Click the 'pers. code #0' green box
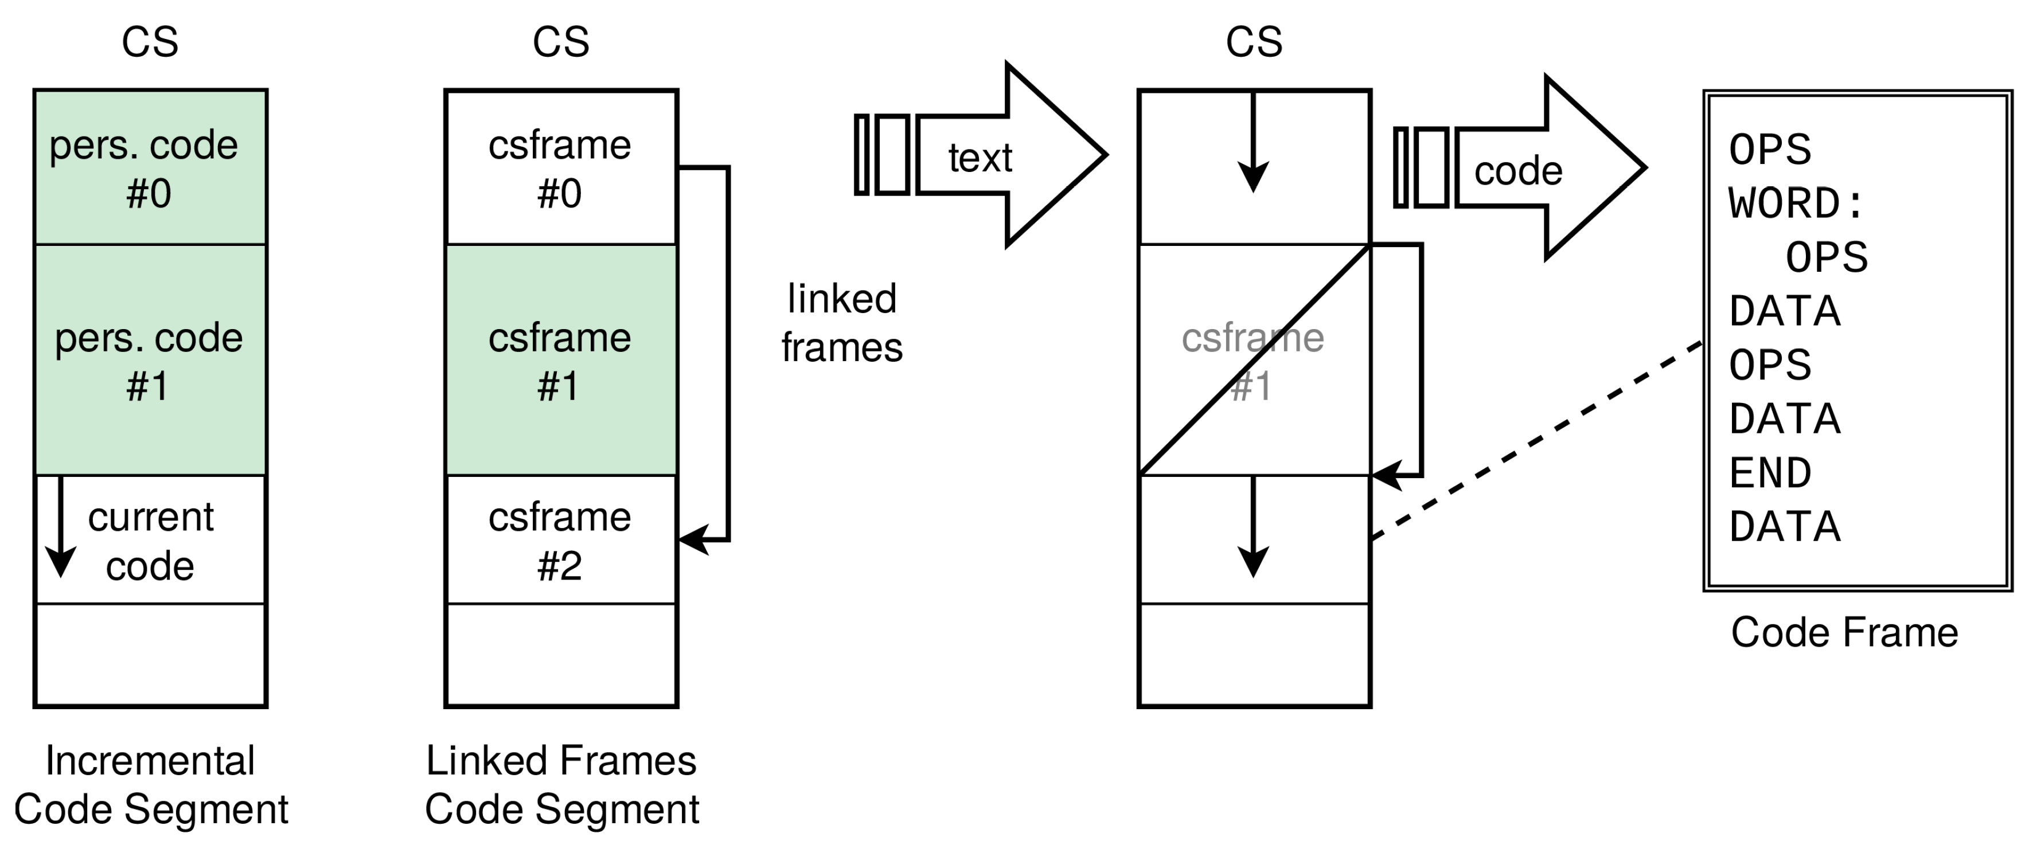tap(150, 168)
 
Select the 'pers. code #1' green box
tap(150, 361)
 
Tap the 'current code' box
tap(150, 541)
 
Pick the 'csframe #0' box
tap(560, 168)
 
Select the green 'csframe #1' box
tap(560, 361)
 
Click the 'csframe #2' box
tap(560, 541)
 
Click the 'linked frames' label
tap(842, 323)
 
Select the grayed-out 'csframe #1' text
tap(1252, 361)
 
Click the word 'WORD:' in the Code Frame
tap(1796, 204)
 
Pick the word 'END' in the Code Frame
tap(1770, 474)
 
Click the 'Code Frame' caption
tap(1844, 633)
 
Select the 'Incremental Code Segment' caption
tap(150, 785)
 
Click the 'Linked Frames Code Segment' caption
tap(561, 785)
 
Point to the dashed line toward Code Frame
tap(1535, 442)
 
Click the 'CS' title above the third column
tap(1253, 42)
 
